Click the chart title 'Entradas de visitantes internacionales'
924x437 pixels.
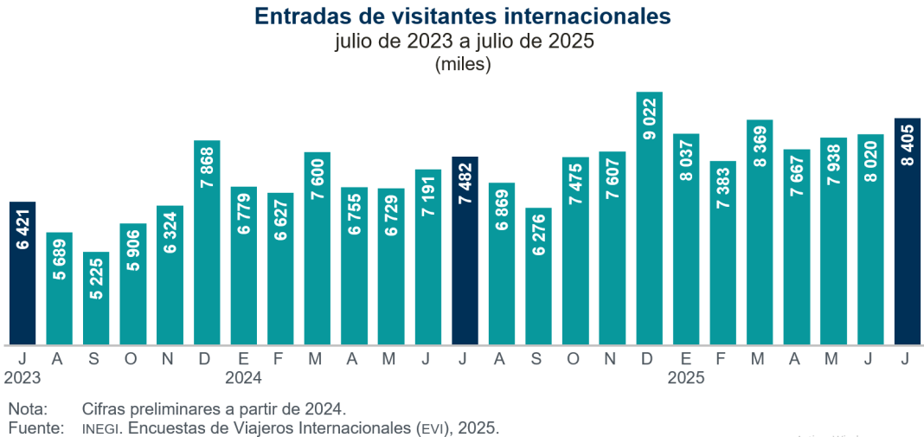[463, 16]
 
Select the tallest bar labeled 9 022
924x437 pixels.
[649, 216]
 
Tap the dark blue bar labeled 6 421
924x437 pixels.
[22, 273]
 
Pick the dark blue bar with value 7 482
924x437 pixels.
[465, 251]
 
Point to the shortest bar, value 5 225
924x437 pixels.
[96, 299]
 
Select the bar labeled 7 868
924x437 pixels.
[207, 242]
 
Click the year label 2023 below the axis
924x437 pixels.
[22, 378]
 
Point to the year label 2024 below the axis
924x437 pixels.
[243, 378]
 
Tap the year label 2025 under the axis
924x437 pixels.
[686, 378]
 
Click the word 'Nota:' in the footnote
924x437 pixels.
[28, 408]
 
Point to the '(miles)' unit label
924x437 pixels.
[463, 64]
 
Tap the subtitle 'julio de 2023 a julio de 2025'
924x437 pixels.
[463, 42]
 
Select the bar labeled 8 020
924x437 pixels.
[870, 239]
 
